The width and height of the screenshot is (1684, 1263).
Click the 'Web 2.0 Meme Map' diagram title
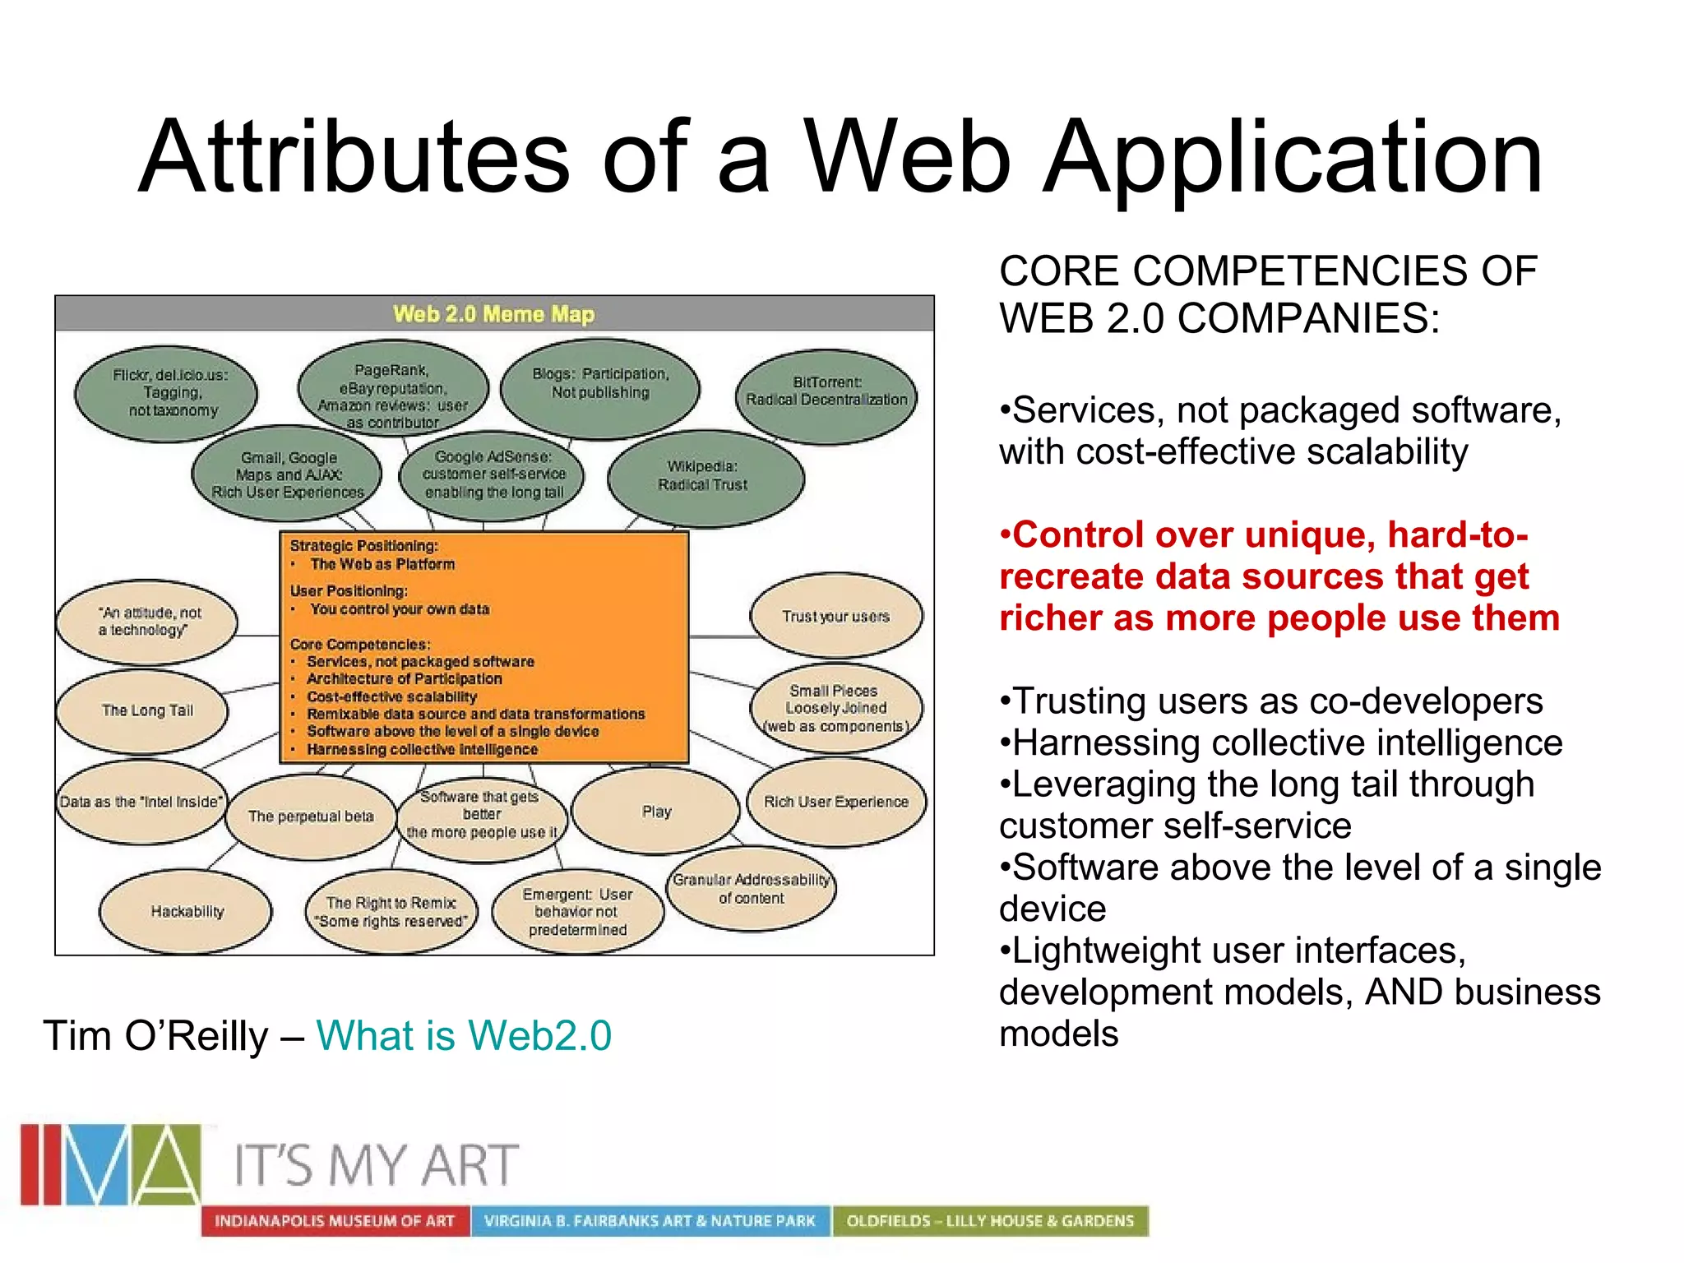tap(493, 314)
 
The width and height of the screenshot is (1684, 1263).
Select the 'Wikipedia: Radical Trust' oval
tap(704, 477)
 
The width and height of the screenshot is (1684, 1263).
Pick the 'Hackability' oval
tap(187, 911)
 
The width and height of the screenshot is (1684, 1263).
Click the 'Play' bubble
tap(656, 812)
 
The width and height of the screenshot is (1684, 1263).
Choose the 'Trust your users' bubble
tap(835, 617)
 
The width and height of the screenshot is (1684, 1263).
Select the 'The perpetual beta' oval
tap(311, 817)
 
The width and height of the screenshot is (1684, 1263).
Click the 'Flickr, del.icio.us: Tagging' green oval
tap(169, 393)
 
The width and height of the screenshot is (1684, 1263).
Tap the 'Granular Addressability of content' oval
tap(752, 889)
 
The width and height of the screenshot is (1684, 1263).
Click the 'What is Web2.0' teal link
tap(464, 1035)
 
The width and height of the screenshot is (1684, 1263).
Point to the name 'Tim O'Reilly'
tap(155, 1035)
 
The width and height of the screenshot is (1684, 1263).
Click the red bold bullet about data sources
tap(1278, 576)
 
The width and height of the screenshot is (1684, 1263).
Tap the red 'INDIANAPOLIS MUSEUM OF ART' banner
tap(335, 1221)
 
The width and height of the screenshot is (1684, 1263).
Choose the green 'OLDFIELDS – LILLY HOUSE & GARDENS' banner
tap(990, 1221)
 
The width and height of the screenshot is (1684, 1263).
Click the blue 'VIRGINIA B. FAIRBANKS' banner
tap(650, 1221)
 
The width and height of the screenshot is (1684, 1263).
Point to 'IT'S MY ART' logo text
tap(377, 1165)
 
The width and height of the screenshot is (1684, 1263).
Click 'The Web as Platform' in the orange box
tap(382, 565)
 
